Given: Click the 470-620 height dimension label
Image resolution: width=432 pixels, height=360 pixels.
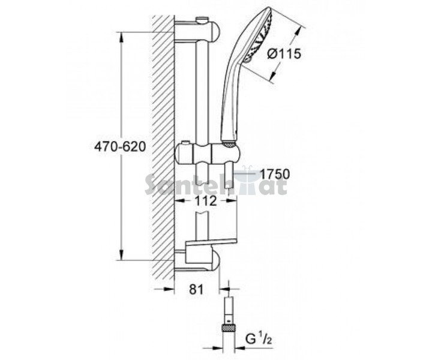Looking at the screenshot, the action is [x=119, y=147].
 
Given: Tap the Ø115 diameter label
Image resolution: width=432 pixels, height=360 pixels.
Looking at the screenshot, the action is [x=284, y=54].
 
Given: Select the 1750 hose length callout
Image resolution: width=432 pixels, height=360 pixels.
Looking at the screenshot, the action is [x=275, y=174].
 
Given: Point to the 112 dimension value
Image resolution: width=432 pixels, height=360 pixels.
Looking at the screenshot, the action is [x=206, y=201].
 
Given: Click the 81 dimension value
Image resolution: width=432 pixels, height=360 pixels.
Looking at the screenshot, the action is [x=196, y=289].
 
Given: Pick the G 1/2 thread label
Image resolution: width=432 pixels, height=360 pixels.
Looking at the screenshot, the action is [x=259, y=340].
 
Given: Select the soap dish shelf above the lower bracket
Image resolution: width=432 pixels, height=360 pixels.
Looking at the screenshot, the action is [x=211, y=242].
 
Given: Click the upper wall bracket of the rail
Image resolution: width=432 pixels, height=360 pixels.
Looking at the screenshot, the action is [x=197, y=31].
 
